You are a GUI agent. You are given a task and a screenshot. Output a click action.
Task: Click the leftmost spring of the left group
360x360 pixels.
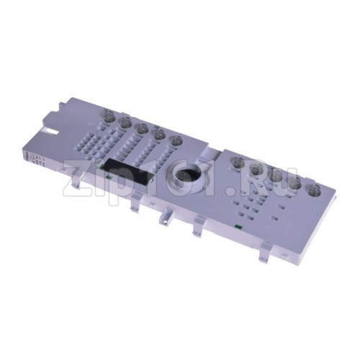(x=109, y=114)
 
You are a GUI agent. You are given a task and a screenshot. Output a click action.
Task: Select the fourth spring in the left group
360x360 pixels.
(x=158, y=135)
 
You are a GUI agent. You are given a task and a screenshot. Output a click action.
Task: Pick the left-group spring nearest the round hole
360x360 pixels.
(x=176, y=141)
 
